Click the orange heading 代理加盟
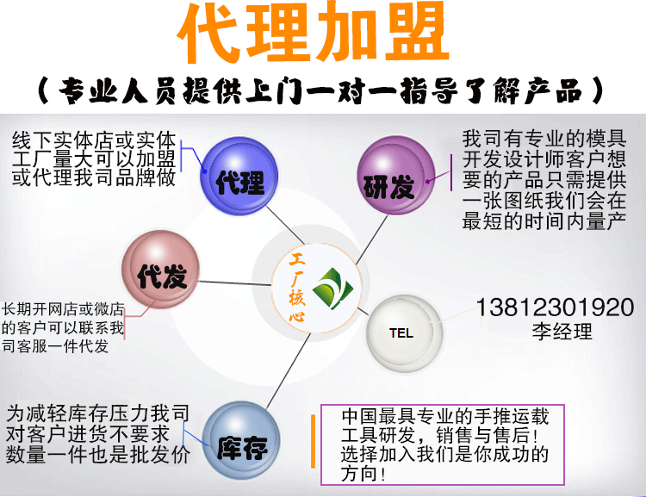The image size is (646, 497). (x=314, y=32)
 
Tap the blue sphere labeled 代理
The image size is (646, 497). (x=239, y=176)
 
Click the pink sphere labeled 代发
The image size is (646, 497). (x=161, y=270)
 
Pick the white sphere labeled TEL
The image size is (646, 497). (x=405, y=333)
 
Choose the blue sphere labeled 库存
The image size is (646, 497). (x=241, y=440)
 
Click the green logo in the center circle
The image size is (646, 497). (x=332, y=289)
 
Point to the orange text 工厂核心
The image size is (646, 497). (x=297, y=287)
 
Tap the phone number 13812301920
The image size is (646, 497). (x=555, y=308)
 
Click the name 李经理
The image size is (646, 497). (x=562, y=332)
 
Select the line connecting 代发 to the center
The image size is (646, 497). (x=235, y=283)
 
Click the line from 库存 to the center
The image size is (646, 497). (x=288, y=371)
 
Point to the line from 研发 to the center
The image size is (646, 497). (x=371, y=239)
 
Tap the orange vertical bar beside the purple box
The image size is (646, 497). (x=314, y=441)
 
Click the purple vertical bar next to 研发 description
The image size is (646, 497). (x=451, y=173)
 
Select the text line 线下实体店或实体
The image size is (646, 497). (x=94, y=140)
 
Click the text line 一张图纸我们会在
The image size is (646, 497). (x=544, y=201)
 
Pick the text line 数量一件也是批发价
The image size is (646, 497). (x=98, y=455)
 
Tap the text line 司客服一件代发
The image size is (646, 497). (x=55, y=345)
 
